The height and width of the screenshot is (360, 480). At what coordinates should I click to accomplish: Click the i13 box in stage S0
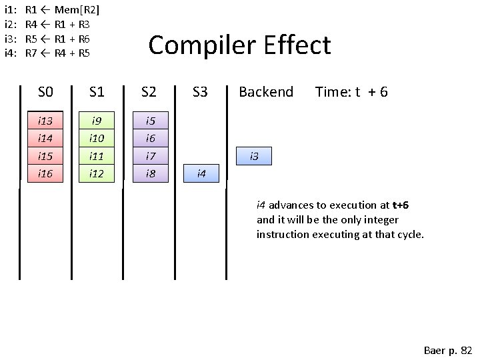(x=45, y=121)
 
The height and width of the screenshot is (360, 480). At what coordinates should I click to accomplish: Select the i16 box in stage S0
(x=45, y=173)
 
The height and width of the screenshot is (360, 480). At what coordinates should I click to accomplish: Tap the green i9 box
(x=97, y=121)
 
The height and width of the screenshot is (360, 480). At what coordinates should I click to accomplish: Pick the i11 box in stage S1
(x=97, y=156)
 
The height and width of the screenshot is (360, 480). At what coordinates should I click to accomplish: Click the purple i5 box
(x=150, y=121)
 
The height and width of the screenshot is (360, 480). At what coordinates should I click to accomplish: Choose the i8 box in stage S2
(x=150, y=173)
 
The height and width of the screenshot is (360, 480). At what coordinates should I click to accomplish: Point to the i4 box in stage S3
(x=201, y=173)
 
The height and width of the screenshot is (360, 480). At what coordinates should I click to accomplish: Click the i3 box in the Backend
(x=254, y=156)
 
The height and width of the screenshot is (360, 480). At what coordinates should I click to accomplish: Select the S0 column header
(x=45, y=92)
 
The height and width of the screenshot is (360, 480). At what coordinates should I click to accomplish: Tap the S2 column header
(x=149, y=92)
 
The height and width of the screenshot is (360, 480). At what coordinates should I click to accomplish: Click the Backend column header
(x=265, y=92)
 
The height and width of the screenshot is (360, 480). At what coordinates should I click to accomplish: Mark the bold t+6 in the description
(x=400, y=205)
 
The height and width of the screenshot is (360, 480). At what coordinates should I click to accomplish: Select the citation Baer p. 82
(x=447, y=350)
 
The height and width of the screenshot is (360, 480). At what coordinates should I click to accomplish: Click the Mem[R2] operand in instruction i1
(x=77, y=9)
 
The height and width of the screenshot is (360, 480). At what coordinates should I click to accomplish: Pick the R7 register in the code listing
(x=31, y=53)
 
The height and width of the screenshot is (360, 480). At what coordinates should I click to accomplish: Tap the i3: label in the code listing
(x=9, y=38)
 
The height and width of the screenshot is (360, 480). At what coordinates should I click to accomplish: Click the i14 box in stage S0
(x=45, y=138)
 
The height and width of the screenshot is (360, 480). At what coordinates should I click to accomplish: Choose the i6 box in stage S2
(x=150, y=138)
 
